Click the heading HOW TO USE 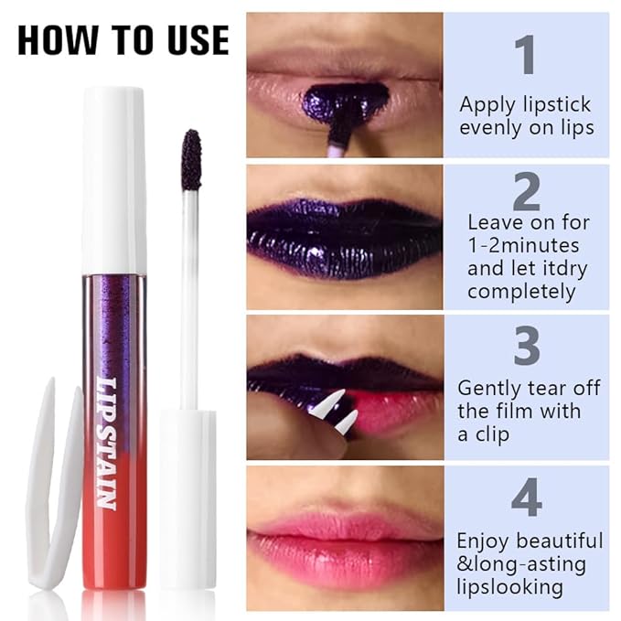pyautogui.click(x=123, y=39)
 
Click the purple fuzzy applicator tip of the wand pyautogui.click(x=191, y=160)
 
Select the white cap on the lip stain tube pyautogui.click(x=113, y=179)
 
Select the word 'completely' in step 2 pyautogui.click(x=520, y=292)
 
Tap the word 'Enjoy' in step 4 pyautogui.click(x=486, y=541)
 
